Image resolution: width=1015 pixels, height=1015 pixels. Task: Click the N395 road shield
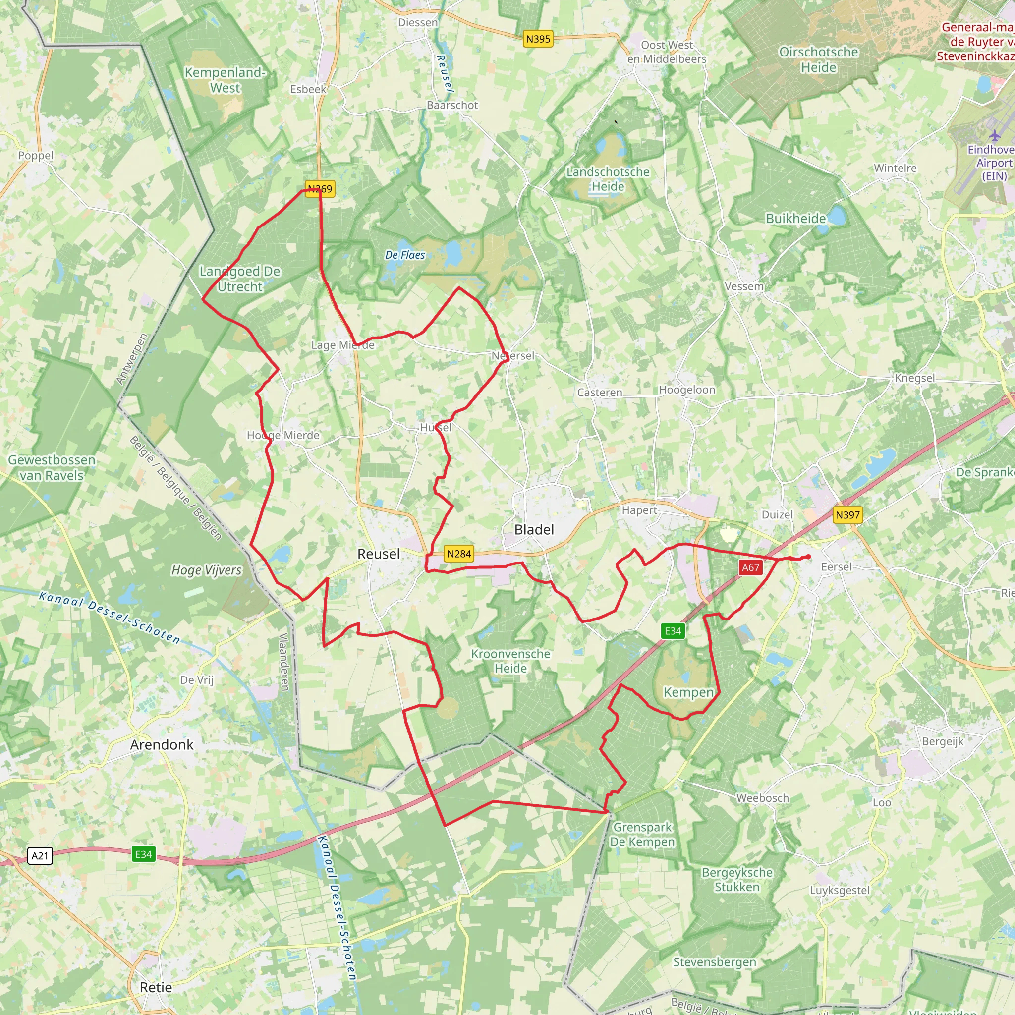(x=538, y=39)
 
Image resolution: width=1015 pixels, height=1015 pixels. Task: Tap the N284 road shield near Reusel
(x=458, y=553)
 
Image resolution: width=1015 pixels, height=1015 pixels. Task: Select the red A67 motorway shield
(x=750, y=567)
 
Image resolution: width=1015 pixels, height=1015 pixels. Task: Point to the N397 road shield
(x=847, y=515)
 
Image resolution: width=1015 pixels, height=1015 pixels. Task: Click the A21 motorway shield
(x=40, y=856)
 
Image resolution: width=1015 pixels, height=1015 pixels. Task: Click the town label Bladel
(x=534, y=530)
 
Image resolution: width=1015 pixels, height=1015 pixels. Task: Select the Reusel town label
(x=378, y=554)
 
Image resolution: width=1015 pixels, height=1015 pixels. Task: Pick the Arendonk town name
(x=162, y=744)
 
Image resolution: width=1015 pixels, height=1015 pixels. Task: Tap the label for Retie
(x=156, y=987)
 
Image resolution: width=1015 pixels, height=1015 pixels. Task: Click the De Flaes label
(x=404, y=255)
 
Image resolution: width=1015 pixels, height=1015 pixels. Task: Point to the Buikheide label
(x=795, y=219)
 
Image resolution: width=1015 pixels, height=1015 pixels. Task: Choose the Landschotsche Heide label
(x=608, y=179)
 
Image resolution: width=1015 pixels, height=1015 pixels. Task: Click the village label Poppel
(x=36, y=156)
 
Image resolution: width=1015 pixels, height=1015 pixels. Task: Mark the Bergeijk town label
(x=943, y=741)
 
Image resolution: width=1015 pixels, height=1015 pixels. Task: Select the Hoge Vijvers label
(x=207, y=570)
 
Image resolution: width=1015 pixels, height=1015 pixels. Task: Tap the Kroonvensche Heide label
(x=510, y=661)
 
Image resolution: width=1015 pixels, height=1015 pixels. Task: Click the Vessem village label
(x=744, y=287)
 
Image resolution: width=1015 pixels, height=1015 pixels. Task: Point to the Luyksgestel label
(x=840, y=890)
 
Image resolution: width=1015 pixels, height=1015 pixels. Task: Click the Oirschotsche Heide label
(x=819, y=59)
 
